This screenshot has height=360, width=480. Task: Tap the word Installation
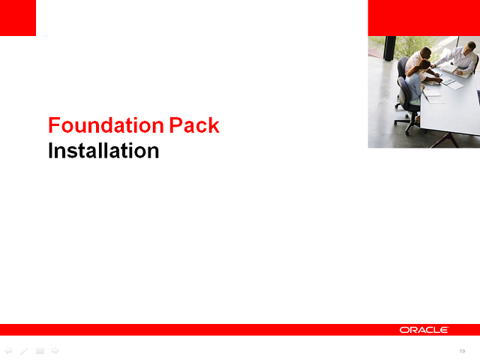tap(103, 151)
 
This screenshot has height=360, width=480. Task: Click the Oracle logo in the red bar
tap(424, 330)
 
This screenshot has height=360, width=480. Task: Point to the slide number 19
tap(462, 351)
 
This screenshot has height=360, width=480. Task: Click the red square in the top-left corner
tap(18, 18)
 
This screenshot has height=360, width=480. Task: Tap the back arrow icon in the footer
tap(8, 350)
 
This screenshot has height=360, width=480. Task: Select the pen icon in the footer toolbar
tap(24, 350)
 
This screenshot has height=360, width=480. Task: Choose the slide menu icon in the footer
tap(40, 350)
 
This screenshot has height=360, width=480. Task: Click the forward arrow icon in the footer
tap(55, 350)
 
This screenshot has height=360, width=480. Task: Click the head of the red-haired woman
tap(424, 65)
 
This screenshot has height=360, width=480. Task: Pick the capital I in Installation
tap(51, 151)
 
